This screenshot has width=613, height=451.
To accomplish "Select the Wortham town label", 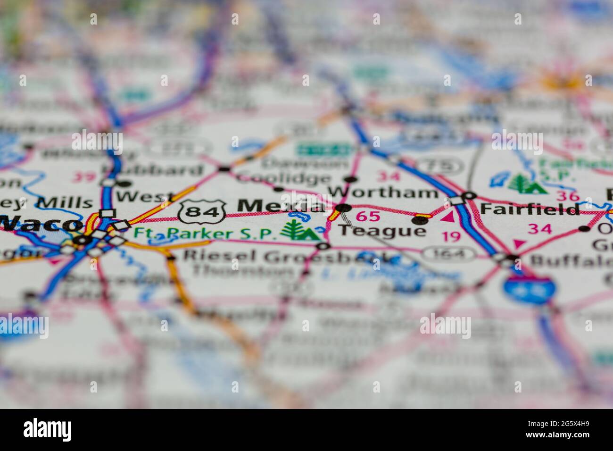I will pyautogui.click(x=383, y=192).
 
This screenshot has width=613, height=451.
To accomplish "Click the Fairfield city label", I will pyautogui.click(x=530, y=209).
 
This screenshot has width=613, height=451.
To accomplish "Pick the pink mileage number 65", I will pyautogui.click(x=368, y=217).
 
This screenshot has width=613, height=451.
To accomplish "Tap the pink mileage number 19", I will pyautogui.click(x=452, y=236).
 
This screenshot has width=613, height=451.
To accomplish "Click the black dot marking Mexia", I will pyautogui.click(x=343, y=208).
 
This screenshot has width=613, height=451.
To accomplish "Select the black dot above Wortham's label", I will pyautogui.click(x=350, y=179).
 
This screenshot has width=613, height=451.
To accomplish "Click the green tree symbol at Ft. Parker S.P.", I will pyautogui.click(x=294, y=229).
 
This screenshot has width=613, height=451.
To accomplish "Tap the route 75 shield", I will pyautogui.click(x=441, y=166).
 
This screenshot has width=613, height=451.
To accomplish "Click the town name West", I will pyautogui.click(x=139, y=197).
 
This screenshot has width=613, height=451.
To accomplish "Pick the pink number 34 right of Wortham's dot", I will pyautogui.click(x=389, y=176).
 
